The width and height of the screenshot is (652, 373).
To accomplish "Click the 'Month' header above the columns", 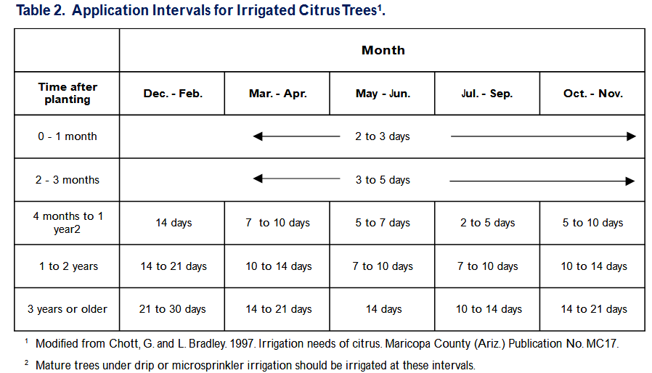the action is [x=383, y=50].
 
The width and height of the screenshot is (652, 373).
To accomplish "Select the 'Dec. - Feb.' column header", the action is [x=173, y=94].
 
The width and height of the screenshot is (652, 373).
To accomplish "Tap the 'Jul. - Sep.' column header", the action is [x=487, y=94].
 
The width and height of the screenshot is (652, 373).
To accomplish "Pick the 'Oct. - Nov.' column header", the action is [x=593, y=94].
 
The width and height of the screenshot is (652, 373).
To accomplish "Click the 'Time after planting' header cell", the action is [x=68, y=93].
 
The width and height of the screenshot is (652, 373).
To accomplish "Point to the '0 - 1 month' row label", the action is [x=68, y=136].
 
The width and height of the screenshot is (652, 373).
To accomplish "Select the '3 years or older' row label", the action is [x=68, y=309].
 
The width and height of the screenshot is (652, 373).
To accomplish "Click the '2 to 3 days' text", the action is [x=383, y=136].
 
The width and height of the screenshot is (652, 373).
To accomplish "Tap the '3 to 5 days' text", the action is [x=383, y=180].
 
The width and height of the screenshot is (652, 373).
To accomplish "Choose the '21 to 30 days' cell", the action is [x=173, y=309].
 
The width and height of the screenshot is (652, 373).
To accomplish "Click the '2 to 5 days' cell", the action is [x=487, y=223].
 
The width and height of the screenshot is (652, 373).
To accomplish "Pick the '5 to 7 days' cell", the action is [x=383, y=223].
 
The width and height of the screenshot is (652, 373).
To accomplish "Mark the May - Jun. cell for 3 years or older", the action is [x=384, y=309].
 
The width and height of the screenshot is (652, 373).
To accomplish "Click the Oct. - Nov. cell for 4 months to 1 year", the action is [x=593, y=223].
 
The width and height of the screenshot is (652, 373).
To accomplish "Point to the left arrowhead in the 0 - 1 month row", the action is [x=258, y=136].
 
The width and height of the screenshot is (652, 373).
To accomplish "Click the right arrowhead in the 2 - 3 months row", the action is [x=630, y=181].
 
